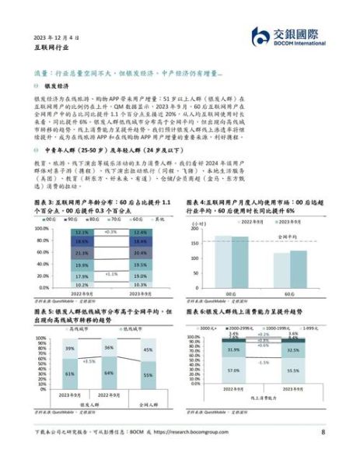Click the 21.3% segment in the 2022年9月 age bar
pos(82,253)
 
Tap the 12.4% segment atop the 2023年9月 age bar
pos(140,232)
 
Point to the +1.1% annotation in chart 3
pos(111,274)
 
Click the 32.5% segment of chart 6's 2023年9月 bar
pos(292,351)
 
